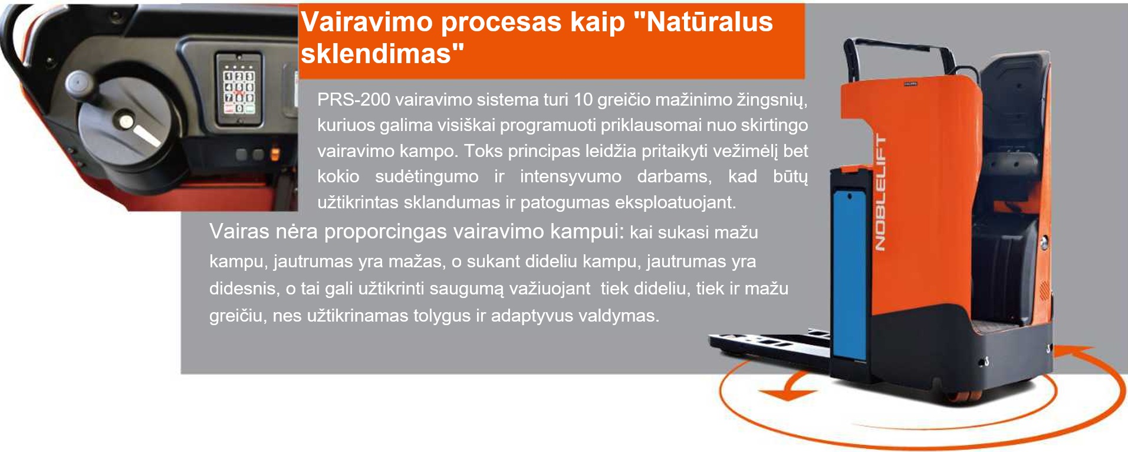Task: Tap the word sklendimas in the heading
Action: tap(376, 54)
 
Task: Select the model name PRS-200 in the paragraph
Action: tap(354, 99)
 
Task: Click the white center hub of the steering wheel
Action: tap(126, 122)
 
